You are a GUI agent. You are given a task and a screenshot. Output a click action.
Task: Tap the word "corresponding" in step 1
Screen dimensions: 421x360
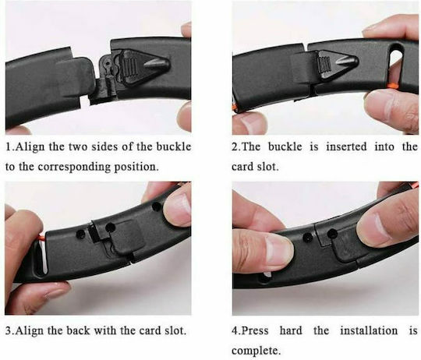74,167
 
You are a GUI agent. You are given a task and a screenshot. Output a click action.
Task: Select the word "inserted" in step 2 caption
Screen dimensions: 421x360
346,146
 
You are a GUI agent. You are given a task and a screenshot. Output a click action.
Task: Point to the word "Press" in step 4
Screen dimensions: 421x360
255,330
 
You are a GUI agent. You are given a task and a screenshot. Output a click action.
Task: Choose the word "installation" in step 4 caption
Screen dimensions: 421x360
369,330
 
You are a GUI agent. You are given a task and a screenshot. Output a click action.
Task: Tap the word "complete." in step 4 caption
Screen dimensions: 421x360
255,351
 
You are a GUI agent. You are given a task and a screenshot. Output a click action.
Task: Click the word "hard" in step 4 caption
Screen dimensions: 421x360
291,330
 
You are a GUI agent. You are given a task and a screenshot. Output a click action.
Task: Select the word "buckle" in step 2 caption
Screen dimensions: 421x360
285,146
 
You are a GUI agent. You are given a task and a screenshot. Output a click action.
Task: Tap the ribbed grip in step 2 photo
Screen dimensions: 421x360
324,65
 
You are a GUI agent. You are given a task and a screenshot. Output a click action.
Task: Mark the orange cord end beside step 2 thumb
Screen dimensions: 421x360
393,86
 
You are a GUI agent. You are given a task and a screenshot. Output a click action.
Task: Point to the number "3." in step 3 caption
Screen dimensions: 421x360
9,330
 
